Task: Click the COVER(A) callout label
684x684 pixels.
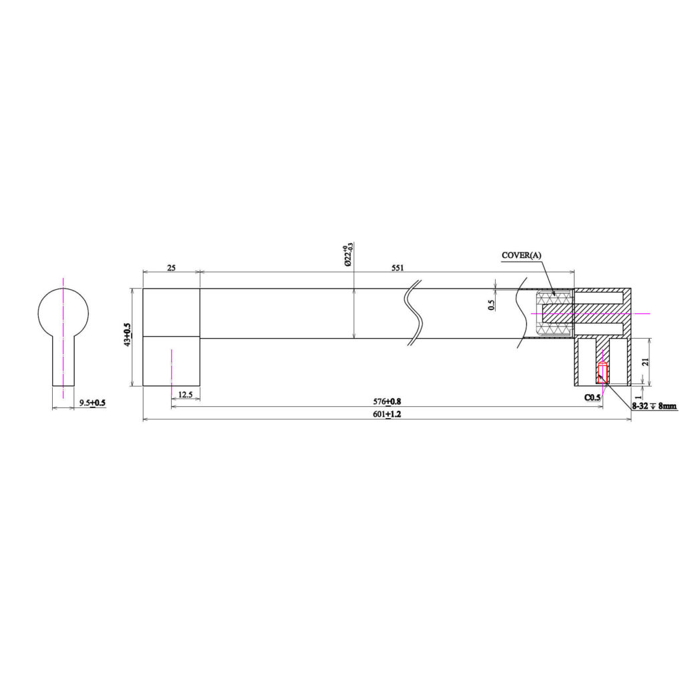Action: pos(521,255)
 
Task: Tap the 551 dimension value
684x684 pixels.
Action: pos(397,267)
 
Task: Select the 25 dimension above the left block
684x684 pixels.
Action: pos(171,267)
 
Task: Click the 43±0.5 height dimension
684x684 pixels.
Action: pos(127,335)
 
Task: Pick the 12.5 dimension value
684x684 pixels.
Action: pos(186,394)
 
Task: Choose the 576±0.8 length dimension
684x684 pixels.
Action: pos(387,401)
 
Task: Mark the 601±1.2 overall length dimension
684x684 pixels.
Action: pos(387,414)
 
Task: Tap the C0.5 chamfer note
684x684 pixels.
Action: pos(592,397)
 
